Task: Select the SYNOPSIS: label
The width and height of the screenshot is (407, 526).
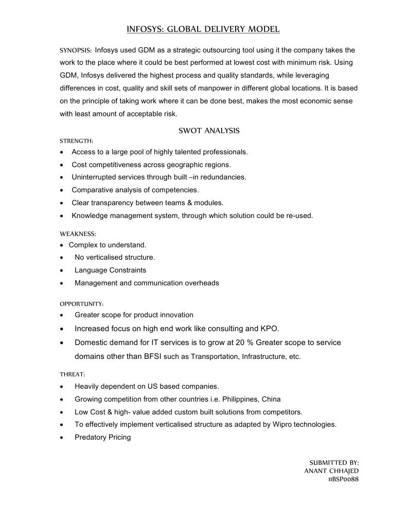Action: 76,51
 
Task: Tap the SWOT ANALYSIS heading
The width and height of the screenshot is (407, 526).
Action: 209,131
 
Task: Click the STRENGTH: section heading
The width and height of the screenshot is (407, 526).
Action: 76,140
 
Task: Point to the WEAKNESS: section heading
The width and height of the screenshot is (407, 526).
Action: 78,233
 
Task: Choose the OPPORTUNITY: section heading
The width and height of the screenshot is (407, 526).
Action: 81,304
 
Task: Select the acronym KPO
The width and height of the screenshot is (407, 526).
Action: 269,329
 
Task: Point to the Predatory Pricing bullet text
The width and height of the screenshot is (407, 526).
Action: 102,438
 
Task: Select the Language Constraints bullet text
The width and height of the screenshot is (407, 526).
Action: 110,270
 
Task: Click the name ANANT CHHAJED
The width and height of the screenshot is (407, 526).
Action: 331,470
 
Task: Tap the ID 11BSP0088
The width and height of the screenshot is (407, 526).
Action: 344,479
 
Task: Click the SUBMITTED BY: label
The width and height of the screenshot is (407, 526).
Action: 334,462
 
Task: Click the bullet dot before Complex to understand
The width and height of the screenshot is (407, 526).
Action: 62,245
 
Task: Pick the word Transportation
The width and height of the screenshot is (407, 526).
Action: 214,356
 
